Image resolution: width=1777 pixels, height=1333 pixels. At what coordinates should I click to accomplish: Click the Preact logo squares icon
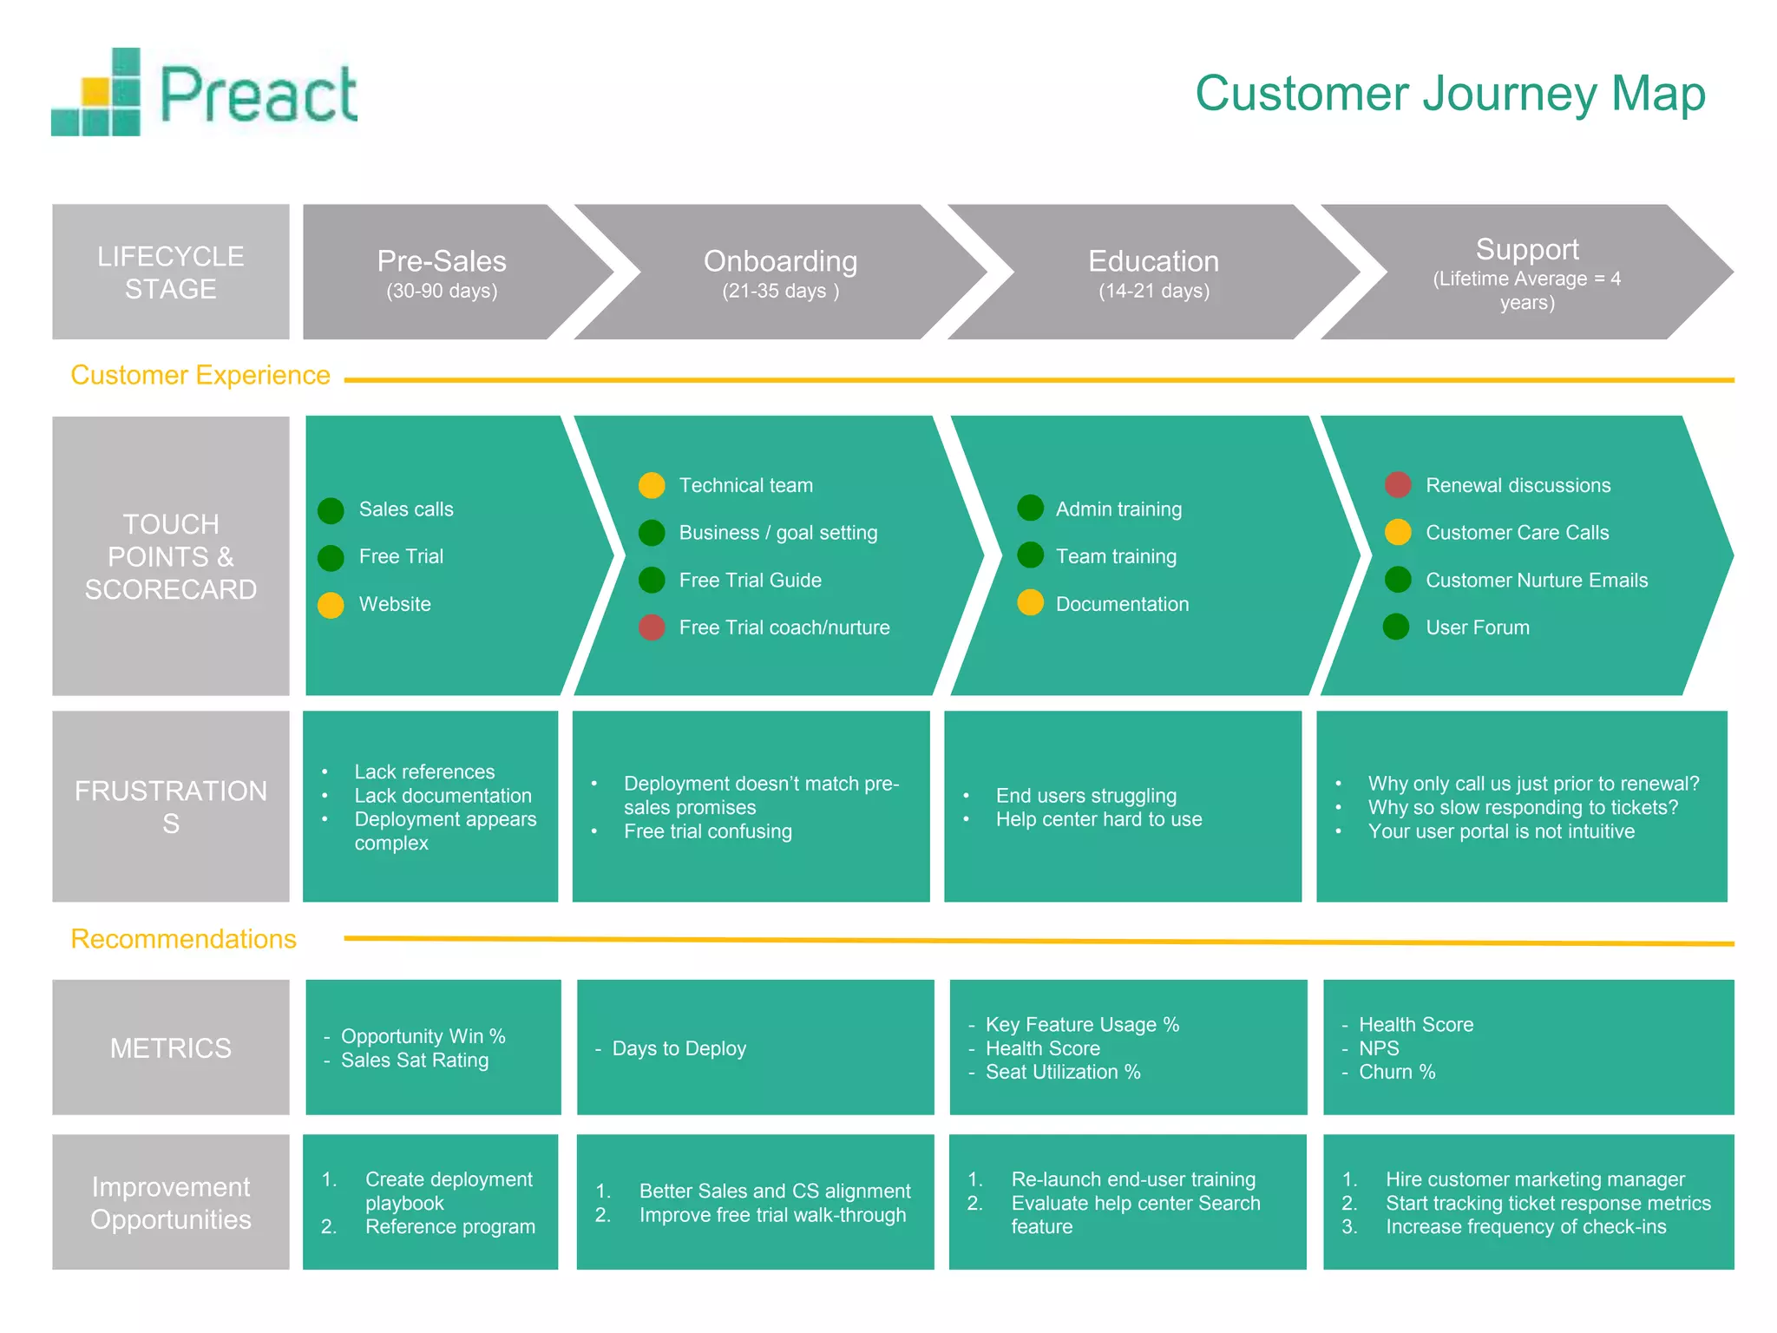(x=97, y=94)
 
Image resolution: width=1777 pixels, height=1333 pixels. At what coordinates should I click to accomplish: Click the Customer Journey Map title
(x=1450, y=93)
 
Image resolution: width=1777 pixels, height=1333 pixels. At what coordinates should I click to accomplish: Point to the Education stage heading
(x=1153, y=262)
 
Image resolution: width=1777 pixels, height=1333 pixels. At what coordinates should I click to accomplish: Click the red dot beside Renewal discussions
(x=1397, y=485)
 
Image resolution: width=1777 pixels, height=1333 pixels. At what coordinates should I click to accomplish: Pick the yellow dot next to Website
(x=331, y=605)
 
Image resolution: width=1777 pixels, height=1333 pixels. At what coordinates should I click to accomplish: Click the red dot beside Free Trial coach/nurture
(x=652, y=627)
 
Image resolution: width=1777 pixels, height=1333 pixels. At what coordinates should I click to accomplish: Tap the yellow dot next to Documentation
(x=1030, y=602)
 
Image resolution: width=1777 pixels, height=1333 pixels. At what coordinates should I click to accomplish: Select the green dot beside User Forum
(x=1396, y=627)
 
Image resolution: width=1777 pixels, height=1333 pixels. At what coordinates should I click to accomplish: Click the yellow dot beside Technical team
(x=652, y=485)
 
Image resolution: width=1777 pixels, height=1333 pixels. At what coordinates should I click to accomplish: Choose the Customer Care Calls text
(x=1517, y=533)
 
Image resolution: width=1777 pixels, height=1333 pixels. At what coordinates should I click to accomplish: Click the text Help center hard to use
(x=1098, y=819)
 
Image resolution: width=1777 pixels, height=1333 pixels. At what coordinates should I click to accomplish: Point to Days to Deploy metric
(x=679, y=1048)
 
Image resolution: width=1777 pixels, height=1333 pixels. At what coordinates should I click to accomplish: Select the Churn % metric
(x=1397, y=1073)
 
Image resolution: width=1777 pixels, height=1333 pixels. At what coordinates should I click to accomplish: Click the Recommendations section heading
(x=183, y=939)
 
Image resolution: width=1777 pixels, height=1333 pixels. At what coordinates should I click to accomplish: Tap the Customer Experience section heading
(x=200, y=375)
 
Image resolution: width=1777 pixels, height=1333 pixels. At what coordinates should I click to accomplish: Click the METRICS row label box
(x=171, y=1047)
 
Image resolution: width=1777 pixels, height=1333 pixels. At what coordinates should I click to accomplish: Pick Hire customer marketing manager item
(x=1534, y=1179)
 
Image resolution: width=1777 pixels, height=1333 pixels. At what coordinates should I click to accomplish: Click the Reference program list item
(x=449, y=1227)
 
